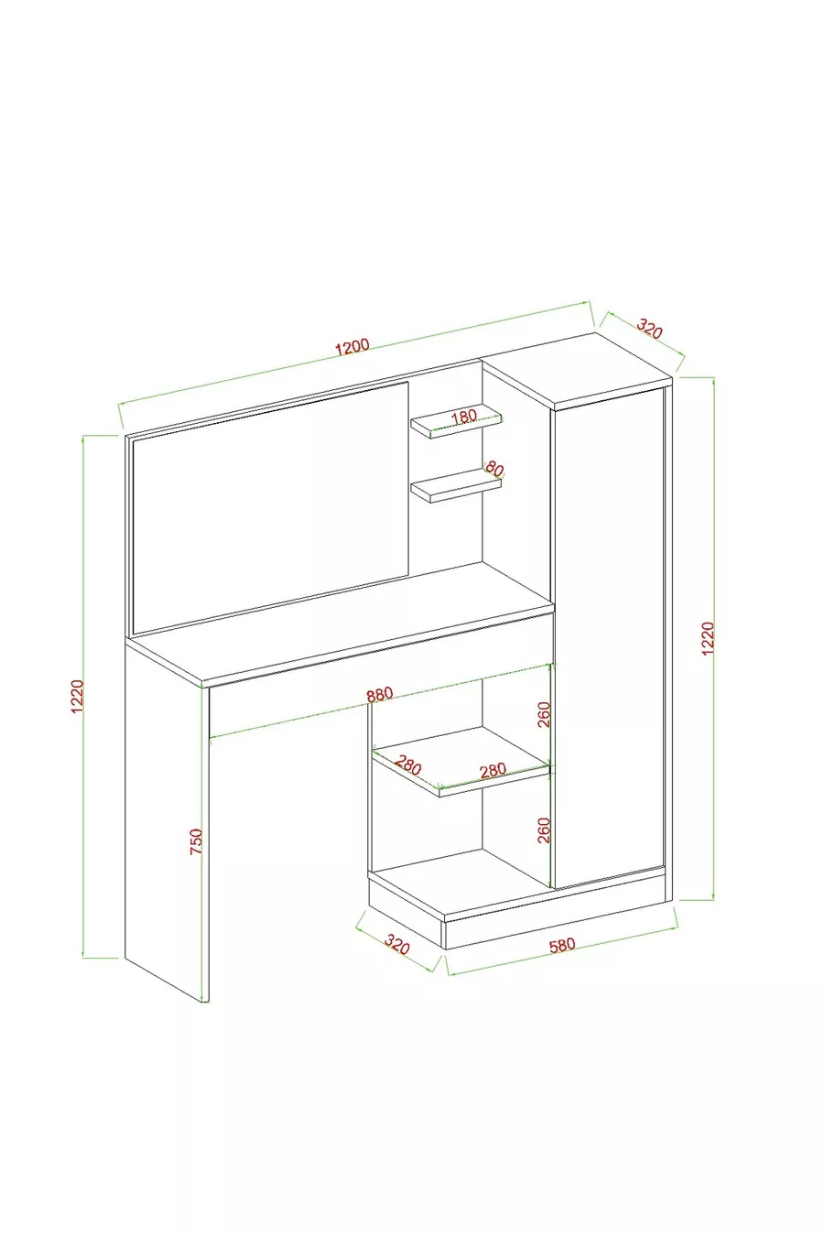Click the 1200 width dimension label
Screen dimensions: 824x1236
click(x=352, y=347)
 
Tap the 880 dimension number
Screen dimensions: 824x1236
click(x=380, y=695)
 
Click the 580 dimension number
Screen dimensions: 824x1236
click(x=562, y=945)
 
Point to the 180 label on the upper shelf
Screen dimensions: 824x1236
click(x=463, y=417)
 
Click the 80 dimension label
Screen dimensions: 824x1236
click(x=494, y=469)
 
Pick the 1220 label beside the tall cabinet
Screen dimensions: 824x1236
click(x=708, y=638)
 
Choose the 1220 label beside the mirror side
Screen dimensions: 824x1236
click(x=77, y=697)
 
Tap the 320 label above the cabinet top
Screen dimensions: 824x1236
click(x=650, y=328)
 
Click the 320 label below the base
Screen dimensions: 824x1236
click(x=396, y=944)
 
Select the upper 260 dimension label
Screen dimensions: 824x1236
click(x=544, y=714)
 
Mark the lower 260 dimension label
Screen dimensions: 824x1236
click(x=544, y=830)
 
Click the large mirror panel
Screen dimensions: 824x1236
click(x=270, y=507)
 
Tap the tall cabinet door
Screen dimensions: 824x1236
click(x=609, y=637)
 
